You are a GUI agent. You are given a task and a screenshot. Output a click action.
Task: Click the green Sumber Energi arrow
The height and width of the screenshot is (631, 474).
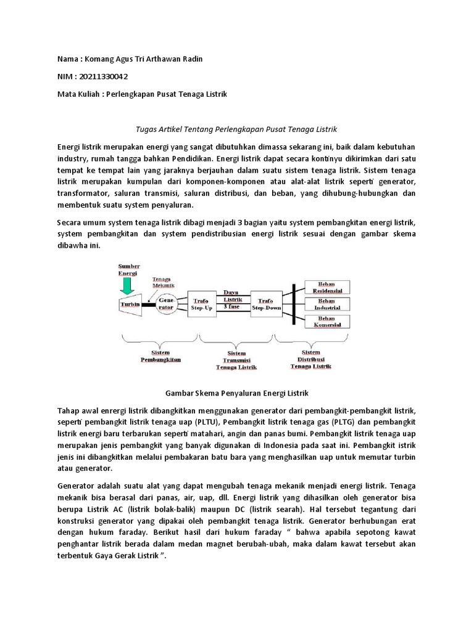click(x=128, y=285)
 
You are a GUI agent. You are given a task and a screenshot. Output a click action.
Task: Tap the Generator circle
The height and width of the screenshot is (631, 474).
click(x=166, y=304)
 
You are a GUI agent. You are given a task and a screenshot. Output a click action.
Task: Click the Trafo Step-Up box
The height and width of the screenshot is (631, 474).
click(x=201, y=303)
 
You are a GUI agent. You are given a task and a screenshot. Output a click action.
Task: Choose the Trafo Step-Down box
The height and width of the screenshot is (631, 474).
click(x=265, y=303)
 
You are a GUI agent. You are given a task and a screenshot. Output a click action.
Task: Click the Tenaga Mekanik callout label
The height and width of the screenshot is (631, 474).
click(x=163, y=282)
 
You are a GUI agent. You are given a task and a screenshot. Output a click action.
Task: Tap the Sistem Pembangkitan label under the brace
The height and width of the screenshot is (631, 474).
click(x=161, y=356)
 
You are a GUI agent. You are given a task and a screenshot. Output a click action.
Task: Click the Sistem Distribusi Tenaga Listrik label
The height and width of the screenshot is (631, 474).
click(x=310, y=361)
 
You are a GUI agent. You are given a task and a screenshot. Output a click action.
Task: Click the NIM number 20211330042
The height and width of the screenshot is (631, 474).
click(x=104, y=76)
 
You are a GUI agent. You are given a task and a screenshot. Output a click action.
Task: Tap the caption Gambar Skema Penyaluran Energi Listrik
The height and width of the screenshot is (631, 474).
click(x=237, y=393)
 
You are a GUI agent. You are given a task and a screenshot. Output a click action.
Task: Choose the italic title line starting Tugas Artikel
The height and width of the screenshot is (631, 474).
click(x=237, y=129)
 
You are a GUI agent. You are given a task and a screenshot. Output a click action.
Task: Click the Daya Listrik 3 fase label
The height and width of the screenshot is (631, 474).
click(x=231, y=298)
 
